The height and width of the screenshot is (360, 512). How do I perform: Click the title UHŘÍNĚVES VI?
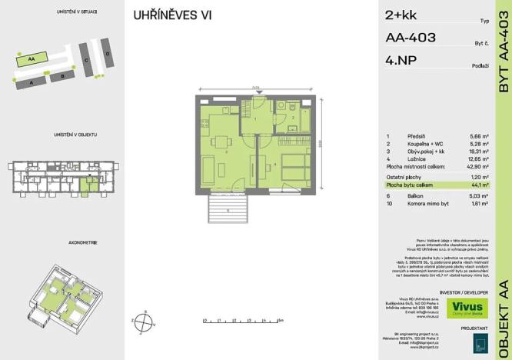[x=172, y=15]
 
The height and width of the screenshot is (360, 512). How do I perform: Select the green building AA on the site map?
[x=32, y=58]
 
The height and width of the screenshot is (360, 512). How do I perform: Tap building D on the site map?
[x=108, y=55]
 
